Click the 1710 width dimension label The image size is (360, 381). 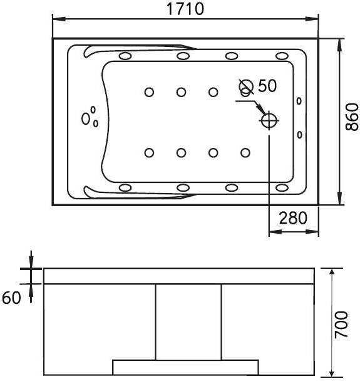185,9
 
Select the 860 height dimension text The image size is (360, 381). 352,117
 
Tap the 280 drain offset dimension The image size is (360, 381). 293,218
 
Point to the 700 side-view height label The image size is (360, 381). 341,325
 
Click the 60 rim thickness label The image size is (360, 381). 11,298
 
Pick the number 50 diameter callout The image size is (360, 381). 267,86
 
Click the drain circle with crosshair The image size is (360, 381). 269,120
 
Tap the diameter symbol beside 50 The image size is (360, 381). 246,86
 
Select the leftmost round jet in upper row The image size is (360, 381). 149,92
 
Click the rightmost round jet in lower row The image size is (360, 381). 245,153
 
